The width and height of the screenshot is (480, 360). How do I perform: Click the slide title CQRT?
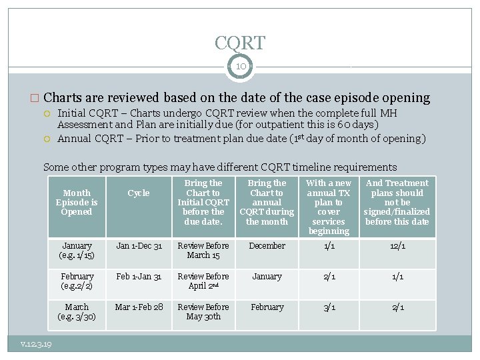(240, 43)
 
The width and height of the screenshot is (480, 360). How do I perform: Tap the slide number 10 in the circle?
(240, 66)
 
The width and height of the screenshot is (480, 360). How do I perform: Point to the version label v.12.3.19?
(37, 344)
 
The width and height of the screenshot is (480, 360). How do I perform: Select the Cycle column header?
(139, 193)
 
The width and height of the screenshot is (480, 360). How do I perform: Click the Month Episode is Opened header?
(77, 202)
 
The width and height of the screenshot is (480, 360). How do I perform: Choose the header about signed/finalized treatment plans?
(397, 202)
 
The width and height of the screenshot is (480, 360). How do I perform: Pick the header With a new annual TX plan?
(328, 207)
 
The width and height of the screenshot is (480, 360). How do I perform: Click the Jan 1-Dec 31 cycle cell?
(139, 246)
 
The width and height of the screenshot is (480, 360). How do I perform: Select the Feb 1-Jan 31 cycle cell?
(139, 277)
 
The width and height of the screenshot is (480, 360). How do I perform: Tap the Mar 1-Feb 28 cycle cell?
(139, 307)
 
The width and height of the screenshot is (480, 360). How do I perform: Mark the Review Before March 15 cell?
(203, 251)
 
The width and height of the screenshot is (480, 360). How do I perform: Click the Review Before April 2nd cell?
(203, 281)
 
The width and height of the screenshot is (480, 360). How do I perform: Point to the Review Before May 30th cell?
(203, 312)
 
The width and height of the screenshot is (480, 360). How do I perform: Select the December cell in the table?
(267, 246)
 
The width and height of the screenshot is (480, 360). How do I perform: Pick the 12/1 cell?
(397, 246)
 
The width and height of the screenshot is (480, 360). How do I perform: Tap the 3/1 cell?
(328, 307)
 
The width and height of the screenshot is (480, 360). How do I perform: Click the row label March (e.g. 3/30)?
(77, 312)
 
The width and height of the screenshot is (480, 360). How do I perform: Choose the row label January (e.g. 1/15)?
(77, 251)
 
